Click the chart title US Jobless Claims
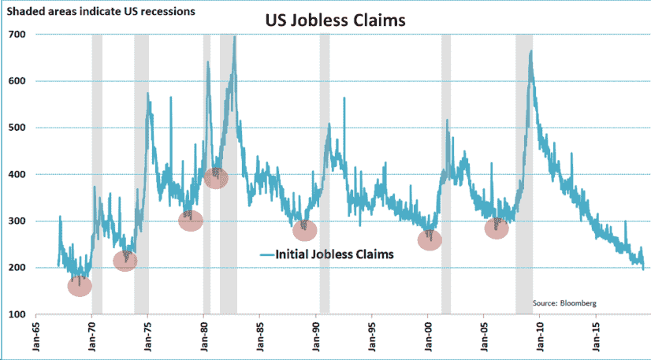coord(334,21)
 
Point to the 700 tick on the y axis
coord(17,35)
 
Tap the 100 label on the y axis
coord(17,315)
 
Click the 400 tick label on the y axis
coord(17,175)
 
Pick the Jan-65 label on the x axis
coord(36,338)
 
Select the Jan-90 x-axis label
coord(316,338)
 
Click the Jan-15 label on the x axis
coord(596,338)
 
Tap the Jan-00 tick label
coord(428,338)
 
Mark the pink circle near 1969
coord(80,286)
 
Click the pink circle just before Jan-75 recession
coord(125,261)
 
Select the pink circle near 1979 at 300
coord(191,221)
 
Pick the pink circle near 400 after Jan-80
coord(216,179)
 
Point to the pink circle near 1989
coord(305,231)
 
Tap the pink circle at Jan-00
coord(430,240)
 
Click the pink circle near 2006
coord(497,229)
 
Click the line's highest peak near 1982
coord(234,37)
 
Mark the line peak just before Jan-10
coord(531,51)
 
